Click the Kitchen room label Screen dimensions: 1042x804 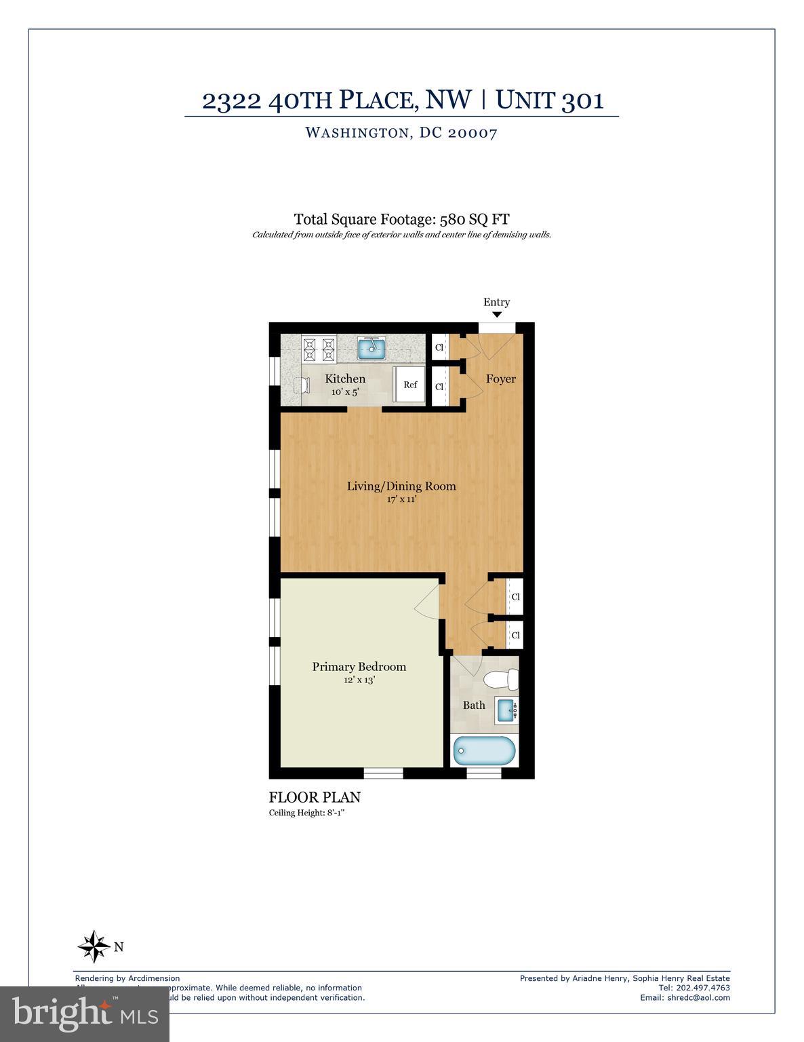(x=345, y=379)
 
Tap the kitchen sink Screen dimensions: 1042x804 (x=371, y=349)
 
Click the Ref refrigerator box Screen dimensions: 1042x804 (x=410, y=385)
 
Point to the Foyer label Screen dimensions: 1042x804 (x=500, y=379)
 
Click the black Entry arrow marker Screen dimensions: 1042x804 (x=496, y=315)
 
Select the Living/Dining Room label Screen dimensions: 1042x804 (x=401, y=486)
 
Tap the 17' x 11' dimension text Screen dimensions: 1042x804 (x=401, y=500)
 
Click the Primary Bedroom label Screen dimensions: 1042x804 (x=359, y=667)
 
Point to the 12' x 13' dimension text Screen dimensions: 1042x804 (x=359, y=680)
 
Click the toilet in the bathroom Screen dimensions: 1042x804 (x=502, y=679)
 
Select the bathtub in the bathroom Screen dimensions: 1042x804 (x=484, y=751)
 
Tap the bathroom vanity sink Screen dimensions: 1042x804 (x=506, y=710)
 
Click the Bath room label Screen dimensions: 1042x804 (x=474, y=706)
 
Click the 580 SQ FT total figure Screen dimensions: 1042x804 (x=475, y=219)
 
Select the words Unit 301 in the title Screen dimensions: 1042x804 (x=549, y=100)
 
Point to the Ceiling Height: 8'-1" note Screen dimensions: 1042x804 (x=311, y=813)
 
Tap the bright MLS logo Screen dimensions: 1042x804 (x=85, y=1014)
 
